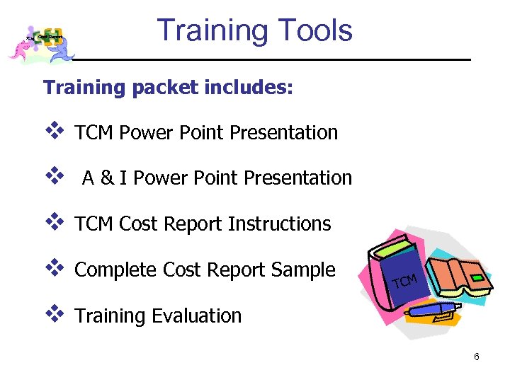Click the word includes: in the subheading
249,88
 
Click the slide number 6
477,357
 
